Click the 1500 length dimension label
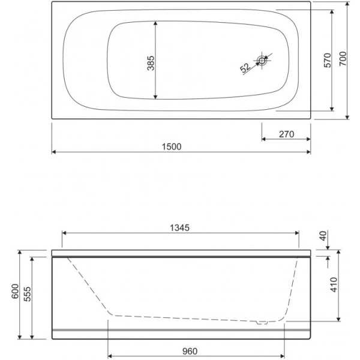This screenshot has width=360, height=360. tap(172, 147)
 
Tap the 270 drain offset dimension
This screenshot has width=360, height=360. tap(287, 134)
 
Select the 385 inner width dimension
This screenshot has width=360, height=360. tap(151, 63)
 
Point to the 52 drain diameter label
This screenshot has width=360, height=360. tap(245, 68)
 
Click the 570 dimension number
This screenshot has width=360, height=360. tap(328, 60)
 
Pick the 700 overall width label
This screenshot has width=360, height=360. tap(343, 59)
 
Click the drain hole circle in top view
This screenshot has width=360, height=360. tap(262, 61)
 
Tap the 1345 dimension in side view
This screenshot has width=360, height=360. tap(180, 228)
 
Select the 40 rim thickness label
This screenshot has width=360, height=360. tap(323, 236)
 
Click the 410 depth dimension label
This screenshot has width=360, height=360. tap(334, 284)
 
